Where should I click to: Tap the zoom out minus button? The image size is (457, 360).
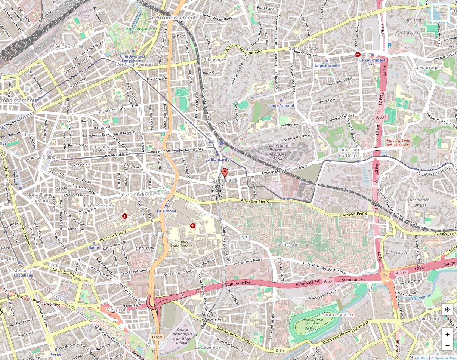pyautogui.click(x=447, y=345)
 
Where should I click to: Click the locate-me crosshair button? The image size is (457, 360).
pyautogui.click(x=447, y=310)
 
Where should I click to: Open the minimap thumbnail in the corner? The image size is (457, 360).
pyautogui.click(x=440, y=13)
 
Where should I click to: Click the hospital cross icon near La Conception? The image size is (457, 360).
pyautogui.click(x=125, y=216)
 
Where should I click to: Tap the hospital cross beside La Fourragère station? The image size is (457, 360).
pyautogui.click(x=358, y=55)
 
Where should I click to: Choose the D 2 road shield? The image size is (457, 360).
pyautogui.click(x=244, y=237)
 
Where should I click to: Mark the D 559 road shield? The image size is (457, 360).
pyautogui.click(x=157, y=337)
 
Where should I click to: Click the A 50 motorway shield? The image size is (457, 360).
pyautogui.click(x=328, y=281)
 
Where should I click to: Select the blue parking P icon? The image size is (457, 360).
pyautogui.click(x=389, y=46)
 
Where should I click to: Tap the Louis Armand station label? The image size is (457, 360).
pyautogui.click(x=281, y=105)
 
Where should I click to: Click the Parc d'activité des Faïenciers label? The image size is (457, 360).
pyautogui.click(x=398, y=142)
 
